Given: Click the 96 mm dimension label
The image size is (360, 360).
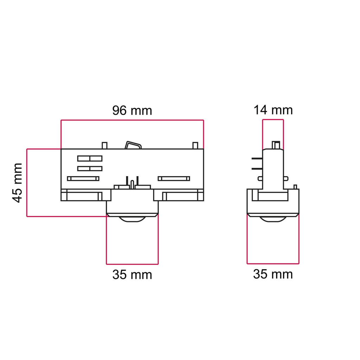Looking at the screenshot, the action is click(132, 110).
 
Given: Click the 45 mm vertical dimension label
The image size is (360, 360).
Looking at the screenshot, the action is click(18, 183).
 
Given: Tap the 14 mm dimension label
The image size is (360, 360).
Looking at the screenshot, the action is click(273, 110).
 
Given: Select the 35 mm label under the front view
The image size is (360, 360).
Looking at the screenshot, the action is click(132, 275).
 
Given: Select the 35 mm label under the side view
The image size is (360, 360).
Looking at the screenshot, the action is click(273, 274).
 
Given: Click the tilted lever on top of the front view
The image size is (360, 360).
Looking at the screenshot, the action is click(133, 145).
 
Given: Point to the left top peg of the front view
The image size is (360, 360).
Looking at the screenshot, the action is click(104, 146).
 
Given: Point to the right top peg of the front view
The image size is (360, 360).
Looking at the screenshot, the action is click(195, 146).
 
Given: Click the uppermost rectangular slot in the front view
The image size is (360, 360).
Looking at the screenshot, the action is click(90, 159).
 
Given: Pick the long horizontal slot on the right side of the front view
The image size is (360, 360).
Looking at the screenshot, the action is click(174, 179).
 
